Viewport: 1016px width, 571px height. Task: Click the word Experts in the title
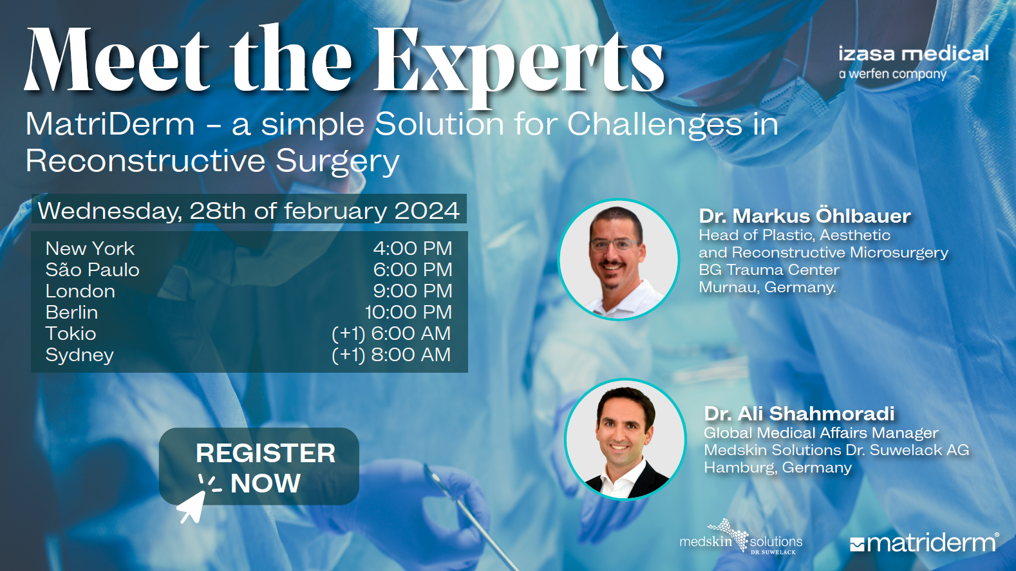click(x=520, y=64)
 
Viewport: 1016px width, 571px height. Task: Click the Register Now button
click(x=259, y=466)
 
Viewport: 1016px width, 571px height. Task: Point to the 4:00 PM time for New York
click(x=413, y=248)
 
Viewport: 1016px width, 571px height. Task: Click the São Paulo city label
click(x=93, y=269)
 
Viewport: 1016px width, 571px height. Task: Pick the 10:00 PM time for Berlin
click(x=409, y=312)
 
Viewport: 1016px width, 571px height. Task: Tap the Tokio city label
click(x=71, y=333)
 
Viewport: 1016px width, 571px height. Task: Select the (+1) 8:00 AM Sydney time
click(x=391, y=355)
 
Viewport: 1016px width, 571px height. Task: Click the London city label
click(x=80, y=291)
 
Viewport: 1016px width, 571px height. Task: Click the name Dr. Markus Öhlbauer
click(x=805, y=216)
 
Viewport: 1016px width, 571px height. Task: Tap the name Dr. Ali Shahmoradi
click(x=799, y=413)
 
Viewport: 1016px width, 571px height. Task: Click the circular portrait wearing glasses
click(x=618, y=259)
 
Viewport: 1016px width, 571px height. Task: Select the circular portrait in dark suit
click(x=625, y=439)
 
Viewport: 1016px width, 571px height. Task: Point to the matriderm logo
click(x=925, y=543)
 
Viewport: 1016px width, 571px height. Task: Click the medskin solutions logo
click(x=741, y=538)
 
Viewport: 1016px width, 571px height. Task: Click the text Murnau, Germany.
click(x=767, y=287)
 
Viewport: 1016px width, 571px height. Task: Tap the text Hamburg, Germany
click(x=778, y=467)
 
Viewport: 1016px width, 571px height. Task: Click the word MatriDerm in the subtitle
click(x=110, y=124)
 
